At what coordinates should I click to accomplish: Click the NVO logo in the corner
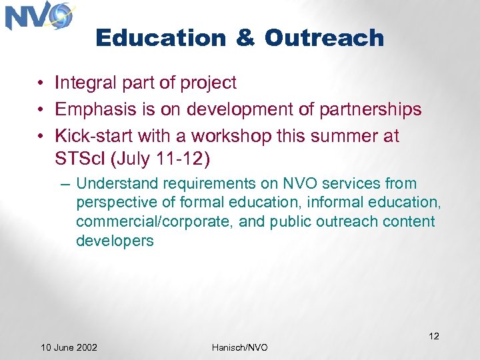pos(39,17)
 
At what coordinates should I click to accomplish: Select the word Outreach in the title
pos(324,38)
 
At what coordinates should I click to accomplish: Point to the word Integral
pos(85,83)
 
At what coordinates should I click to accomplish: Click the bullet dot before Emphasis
pos(41,110)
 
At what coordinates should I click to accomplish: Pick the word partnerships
pos(371,110)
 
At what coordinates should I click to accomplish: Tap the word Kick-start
pos(94,136)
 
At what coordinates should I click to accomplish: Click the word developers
pos(115,241)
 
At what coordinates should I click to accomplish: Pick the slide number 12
pos(433,336)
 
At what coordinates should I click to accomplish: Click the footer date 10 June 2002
pos(69,347)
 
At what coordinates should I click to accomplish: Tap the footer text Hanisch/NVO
pos(239,347)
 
